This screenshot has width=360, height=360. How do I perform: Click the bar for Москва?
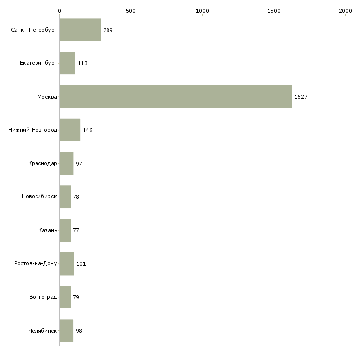(x=176, y=97)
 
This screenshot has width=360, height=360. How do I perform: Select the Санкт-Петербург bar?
(x=80, y=30)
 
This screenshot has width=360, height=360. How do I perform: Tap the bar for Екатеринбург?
(x=67, y=63)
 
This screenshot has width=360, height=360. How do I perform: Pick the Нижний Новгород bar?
(x=70, y=130)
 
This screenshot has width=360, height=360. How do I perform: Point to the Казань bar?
(x=65, y=230)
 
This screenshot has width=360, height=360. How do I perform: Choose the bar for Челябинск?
(x=66, y=330)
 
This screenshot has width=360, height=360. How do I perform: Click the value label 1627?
(x=301, y=97)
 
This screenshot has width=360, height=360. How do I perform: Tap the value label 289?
(x=108, y=30)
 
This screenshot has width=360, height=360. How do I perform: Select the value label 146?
(x=88, y=130)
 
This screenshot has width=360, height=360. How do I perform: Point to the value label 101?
(x=81, y=264)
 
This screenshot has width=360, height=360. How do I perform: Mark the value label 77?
(x=76, y=230)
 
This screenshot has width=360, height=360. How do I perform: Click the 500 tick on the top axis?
(x=131, y=10)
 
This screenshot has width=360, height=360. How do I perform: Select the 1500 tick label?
(x=274, y=10)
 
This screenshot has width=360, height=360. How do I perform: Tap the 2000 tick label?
(x=345, y=10)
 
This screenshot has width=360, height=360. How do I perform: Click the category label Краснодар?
(x=42, y=163)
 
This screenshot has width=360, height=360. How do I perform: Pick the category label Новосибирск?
(x=39, y=197)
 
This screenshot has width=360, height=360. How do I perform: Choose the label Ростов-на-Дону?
(x=36, y=264)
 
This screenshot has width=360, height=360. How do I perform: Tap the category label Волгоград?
(x=43, y=297)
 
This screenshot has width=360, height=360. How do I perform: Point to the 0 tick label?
(x=59, y=10)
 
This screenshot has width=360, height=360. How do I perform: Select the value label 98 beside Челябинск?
(x=79, y=330)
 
